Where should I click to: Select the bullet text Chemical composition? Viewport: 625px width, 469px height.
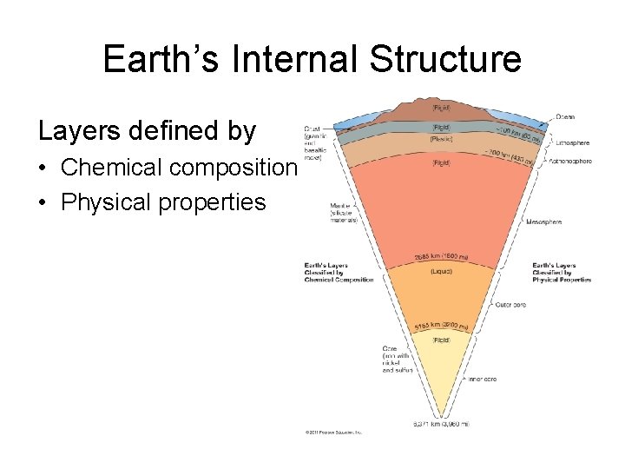click(x=179, y=167)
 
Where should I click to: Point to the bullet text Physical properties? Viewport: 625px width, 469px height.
click(x=163, y=201)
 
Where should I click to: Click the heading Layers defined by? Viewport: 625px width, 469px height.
click(x=147, y=130)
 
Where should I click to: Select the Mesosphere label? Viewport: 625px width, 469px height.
click(x=543, y=222)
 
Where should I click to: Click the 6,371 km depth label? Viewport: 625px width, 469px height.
click(x=440, y=424)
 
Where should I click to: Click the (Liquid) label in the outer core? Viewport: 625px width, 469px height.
click(x=441, y=271)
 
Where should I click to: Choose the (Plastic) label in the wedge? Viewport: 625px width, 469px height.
click(x=441, y=139)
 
